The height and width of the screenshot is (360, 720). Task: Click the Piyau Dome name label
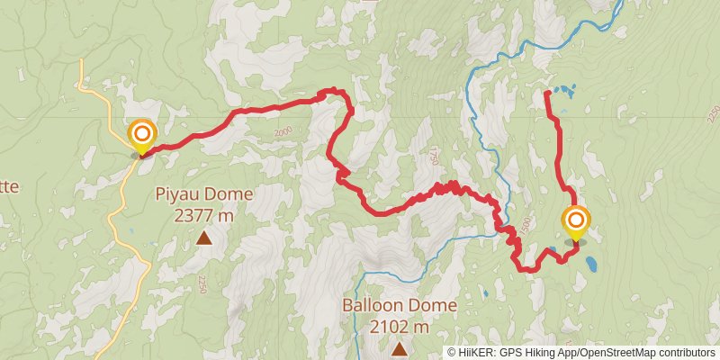(204, 193)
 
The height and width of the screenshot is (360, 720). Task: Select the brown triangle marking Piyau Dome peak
(204, 238)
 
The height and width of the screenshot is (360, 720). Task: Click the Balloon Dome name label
(400, 305)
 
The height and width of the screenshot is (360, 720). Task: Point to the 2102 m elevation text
(400, 326)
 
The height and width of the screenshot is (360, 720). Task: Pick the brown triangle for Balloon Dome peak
(399, 347)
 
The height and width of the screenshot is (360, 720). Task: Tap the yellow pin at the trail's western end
(142, 137)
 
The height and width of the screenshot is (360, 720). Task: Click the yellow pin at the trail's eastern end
(576, 222)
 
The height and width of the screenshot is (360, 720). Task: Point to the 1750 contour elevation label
(433, 155)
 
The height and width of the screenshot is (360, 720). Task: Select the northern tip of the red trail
(548, 93)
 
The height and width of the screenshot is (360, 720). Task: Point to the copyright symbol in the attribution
(452, 353)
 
